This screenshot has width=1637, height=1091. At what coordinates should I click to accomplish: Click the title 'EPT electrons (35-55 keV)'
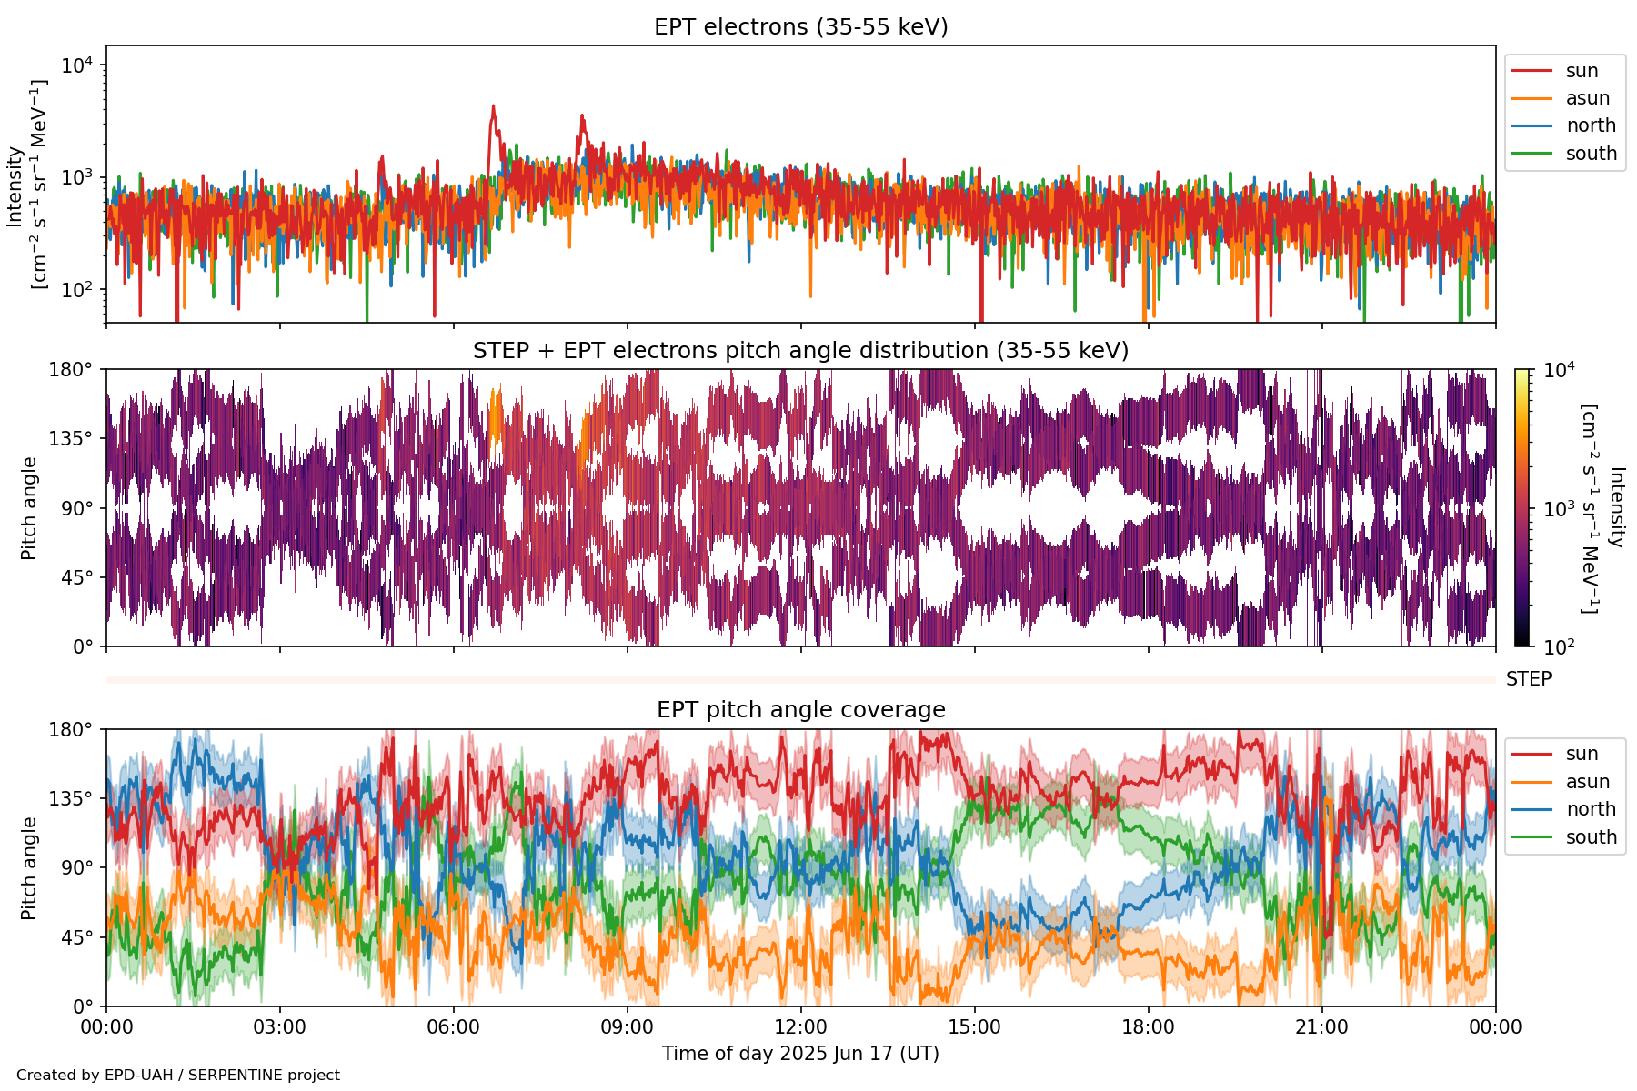[800, 27]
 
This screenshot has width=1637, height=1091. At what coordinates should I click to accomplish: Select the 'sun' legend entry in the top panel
[1582, 71]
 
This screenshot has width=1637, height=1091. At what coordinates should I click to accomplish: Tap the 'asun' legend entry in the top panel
[1587, 98]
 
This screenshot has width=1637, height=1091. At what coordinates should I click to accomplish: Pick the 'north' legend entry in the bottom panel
[1591, 809]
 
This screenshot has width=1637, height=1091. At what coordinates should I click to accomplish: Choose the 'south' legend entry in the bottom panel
[1591, 837]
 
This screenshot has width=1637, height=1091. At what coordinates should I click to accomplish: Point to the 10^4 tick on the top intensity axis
[78, 65]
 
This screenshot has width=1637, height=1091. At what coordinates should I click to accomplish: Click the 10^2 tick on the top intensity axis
[78, 290]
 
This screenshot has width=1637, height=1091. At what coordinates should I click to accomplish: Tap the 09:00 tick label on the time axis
[627, 1027]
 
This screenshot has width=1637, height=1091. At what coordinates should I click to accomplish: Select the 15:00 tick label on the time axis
[974, 1027]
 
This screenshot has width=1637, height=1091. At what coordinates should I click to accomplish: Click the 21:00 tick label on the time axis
[1321, 1027]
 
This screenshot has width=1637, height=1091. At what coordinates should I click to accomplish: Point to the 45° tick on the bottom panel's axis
[76, 937]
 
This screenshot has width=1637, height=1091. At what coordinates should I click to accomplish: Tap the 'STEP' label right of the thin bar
[1528, 679]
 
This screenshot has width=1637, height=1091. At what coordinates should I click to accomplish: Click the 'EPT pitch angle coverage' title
[800, 710]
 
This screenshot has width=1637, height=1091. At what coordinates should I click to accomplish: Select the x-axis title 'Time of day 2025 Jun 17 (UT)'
[800, 1054]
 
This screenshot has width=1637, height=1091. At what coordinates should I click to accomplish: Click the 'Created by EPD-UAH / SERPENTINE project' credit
[178, 1076]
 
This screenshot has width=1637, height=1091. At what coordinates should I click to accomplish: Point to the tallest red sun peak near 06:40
[493, 106]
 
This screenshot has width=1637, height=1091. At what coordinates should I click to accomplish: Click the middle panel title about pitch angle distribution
[800, 351]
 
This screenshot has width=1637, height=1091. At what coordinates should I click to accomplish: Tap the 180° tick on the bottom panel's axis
[72, 729]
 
